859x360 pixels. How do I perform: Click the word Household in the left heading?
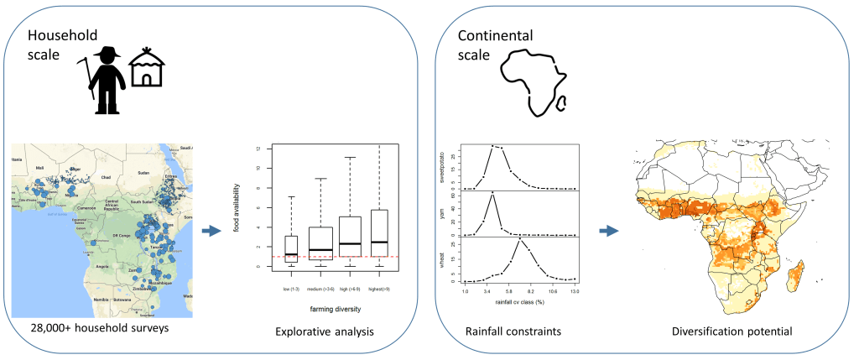click(x=63, y=36)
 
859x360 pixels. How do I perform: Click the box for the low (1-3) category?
click(x=291, y=249)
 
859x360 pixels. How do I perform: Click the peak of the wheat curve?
click(x=522, y=240)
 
